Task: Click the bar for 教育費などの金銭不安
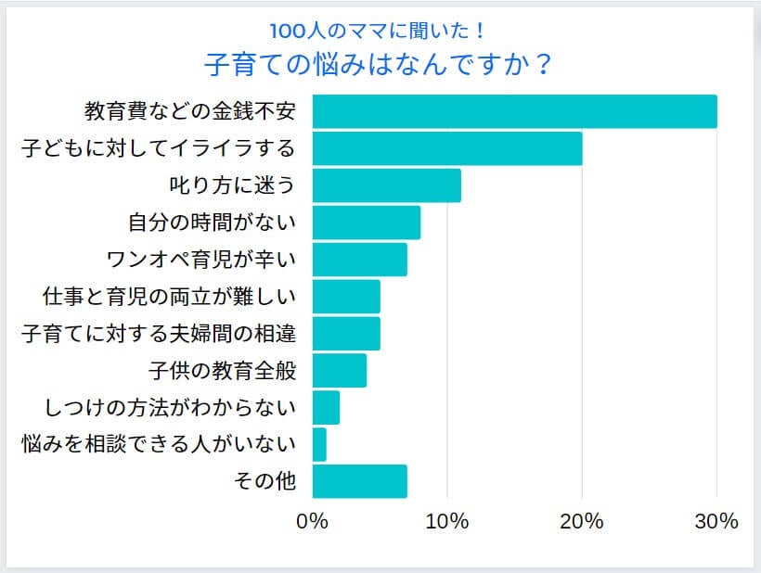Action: point(514,111)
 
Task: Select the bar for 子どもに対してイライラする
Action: point(447,148)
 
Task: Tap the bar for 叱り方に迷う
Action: point(386,185)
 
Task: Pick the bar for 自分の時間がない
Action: point(367,223)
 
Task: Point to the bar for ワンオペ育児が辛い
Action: point(359,260)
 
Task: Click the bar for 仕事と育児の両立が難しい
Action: point(346,297)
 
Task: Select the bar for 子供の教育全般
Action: point(340,370)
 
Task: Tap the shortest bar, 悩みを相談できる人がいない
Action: point(319,444)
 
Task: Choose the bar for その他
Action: point(359,481)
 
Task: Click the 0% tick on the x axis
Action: point(313,521)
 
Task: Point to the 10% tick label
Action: point(447,521)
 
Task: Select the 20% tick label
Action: point(582,521)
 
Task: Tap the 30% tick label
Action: point(716,521)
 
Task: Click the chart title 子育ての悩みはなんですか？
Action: point(380,66)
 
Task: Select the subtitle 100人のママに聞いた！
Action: point(380,30)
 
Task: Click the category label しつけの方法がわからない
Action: point(170,407)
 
